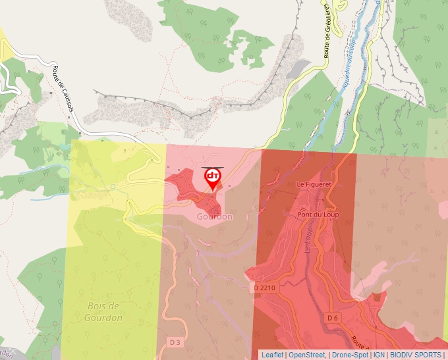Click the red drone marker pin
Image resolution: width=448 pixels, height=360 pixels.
pyautogui.click(x=212, y=179)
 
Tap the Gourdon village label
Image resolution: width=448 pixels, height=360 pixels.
pyautogui.click(x=214, y=217)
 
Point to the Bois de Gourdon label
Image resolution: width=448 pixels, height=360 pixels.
pyautogui.click(x=103, y=311)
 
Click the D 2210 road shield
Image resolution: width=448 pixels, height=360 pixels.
pyautogui.click(x=264, y=288)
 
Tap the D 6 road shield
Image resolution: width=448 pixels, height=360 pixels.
pyautogui.click(x=333, y=318)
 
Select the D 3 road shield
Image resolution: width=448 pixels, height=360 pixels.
pyautogui.click(x=175, y=342)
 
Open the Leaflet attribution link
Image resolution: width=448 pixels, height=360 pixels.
pyautogui.click(x=272, y=355)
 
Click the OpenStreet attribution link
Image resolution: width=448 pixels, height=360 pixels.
pyautogui.click(x=307, y=355)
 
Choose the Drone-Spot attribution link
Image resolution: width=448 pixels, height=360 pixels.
pyautogui.click(x=350, y=355)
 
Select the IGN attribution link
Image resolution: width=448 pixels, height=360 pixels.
pyautogui.click(x=379, y=355)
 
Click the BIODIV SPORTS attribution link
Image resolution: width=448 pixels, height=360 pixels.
pyautogui.click(x=416, y=355)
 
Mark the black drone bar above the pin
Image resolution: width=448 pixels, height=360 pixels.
pyautogui.click(x=212, y=167)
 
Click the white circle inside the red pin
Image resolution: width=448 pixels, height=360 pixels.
pyautogui.click(x=212, y=176)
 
